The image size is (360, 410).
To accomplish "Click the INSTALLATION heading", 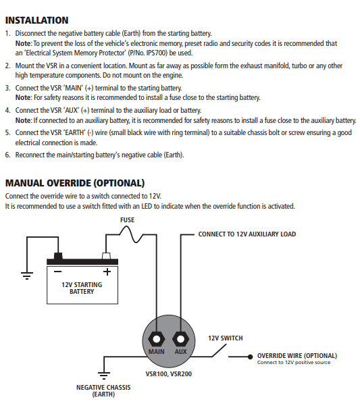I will tap(36, 20).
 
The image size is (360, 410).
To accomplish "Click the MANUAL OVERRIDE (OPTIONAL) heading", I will tap(75, 183).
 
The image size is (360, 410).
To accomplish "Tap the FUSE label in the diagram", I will tap(127, 220).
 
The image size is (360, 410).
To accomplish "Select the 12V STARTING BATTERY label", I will tap(82, 288).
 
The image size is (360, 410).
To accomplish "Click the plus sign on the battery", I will tap(106, 272).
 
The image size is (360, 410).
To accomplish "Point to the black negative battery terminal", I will tap(58, 257).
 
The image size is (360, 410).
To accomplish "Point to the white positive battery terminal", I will tap(106, 257).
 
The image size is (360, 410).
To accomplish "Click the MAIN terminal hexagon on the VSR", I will tap(157, 338).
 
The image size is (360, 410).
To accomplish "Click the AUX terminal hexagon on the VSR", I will tap(180, 338).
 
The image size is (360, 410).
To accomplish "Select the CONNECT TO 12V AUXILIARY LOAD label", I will tap(247, 234).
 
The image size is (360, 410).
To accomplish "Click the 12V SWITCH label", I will tap(225, 338).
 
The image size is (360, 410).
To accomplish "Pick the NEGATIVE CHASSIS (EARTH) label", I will tap(103, 391).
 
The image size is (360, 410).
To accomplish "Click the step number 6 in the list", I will tap(7, 155).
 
